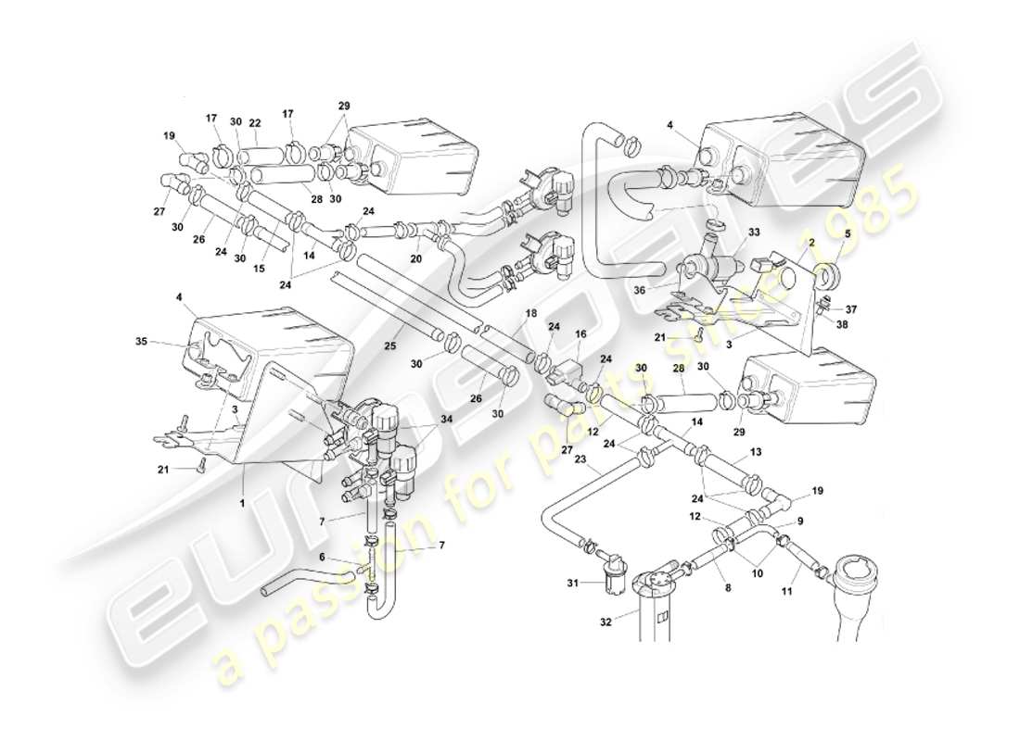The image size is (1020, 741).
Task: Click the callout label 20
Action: tap(416, 259)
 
